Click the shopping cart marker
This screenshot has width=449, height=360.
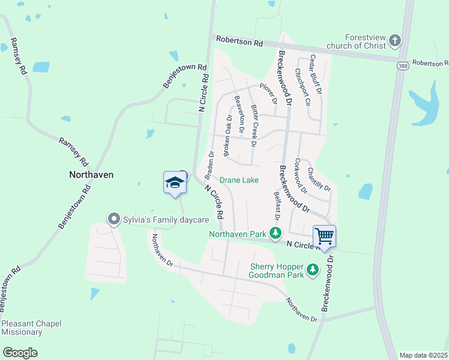click(x=324, y=235)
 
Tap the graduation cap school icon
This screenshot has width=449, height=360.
click(x=174, y=182)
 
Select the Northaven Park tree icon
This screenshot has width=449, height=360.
click(x=276, y=233)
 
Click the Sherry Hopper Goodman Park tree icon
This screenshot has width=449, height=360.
click(x=312, y=271)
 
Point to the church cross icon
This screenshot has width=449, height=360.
click(x=394, y=41)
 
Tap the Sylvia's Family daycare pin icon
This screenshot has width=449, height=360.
click(x=113, y=219)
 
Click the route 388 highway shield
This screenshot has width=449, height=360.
click(x=402, y=65)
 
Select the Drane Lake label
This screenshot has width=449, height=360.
click(x=239, y=180)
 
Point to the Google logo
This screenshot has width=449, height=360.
click(x=20, y=353)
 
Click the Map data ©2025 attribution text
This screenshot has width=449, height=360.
click(x=424, y=355)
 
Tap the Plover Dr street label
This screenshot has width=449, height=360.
click(x=268, y=93)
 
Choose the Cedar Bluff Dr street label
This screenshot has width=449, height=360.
click(x=316, y=74)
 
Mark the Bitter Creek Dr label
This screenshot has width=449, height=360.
click(x=254, y=126)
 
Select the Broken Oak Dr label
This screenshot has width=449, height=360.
click(x=228, y=136)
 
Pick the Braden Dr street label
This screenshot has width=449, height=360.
click(x=209, y=165)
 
